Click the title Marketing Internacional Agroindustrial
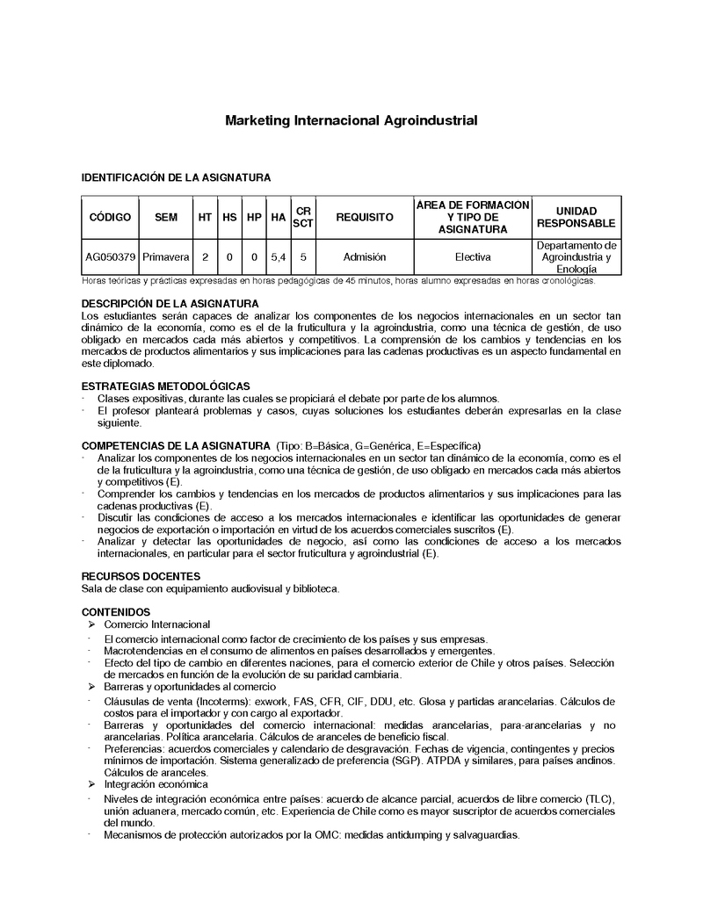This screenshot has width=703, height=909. pos(351,119)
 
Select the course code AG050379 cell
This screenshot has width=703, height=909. pos(110,257)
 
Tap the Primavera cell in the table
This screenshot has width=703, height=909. pos(165,257)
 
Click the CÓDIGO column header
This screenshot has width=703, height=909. pos(110,217)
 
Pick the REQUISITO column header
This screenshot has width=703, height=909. pos(364,217)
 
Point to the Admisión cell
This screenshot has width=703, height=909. pos(364,257)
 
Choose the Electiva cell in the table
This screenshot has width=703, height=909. pos(473,257)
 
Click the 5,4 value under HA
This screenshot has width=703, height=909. pos(278,257)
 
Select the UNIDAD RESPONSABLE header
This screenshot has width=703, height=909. pos(576,217)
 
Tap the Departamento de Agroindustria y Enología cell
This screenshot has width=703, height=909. pos(576,257)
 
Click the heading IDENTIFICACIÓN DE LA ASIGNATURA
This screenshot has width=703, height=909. pos(176,177)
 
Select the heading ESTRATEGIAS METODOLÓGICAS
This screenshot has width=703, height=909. pos(165,386)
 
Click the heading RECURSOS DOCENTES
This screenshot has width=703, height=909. pos(132,576)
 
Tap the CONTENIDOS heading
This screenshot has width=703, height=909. pos(116,611)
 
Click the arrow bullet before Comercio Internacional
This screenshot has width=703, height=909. pos(91,624)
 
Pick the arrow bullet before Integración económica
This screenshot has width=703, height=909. pos(91,783)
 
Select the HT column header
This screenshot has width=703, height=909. pos(205,217)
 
